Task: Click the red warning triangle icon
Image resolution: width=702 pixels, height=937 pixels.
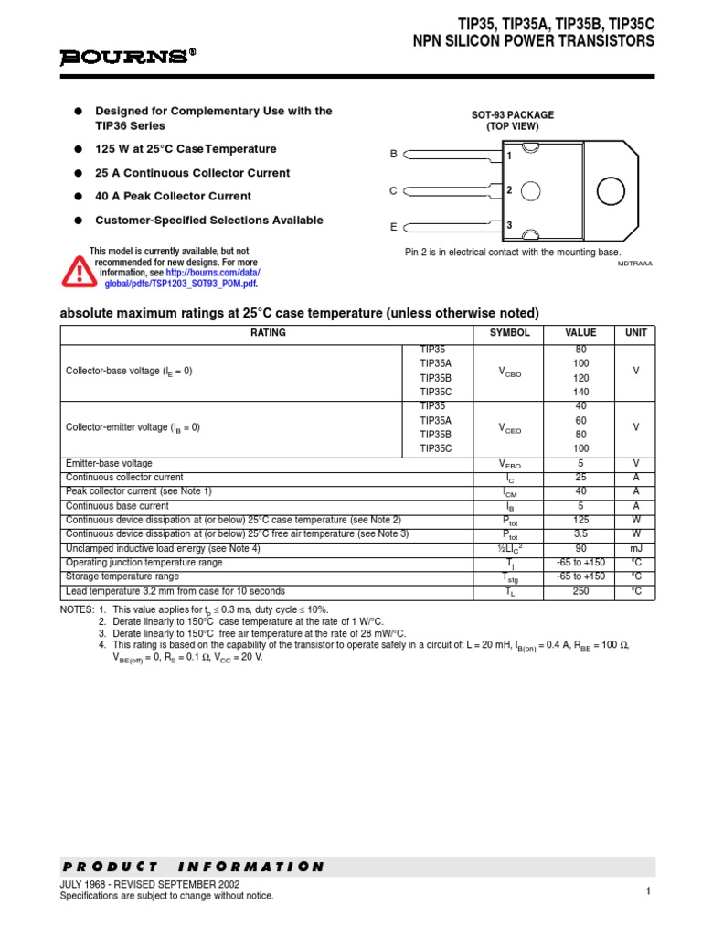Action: pos(78,269)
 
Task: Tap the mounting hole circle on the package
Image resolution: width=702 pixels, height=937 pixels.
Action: pos(612,190)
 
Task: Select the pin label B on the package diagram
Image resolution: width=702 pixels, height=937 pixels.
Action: pos(393,155)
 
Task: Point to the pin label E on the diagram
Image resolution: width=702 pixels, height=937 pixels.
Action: pos(393,226)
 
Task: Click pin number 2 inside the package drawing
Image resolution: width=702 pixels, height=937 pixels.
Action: pos(509,190)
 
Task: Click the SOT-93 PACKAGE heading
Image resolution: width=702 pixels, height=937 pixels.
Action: pos(512,114)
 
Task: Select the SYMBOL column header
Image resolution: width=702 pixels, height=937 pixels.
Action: pos(510,333)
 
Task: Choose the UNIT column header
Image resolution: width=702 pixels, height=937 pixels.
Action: pos(635,333)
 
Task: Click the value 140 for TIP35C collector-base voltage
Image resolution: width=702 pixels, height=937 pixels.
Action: pos(580,392)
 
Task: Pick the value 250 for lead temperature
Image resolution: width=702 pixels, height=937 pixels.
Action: pos(580,592)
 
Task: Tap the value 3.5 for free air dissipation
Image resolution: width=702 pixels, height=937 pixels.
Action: pos(580,534)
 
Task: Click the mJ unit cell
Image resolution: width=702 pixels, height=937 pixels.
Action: pos(635,549)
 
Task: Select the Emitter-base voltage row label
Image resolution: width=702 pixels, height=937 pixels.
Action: pos(110,464)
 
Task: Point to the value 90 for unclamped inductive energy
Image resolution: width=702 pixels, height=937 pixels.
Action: pos(580,549)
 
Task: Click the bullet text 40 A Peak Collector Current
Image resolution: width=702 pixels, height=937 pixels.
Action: pos(173,197)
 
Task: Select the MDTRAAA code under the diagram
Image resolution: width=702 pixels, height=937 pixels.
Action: pos(636,264)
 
